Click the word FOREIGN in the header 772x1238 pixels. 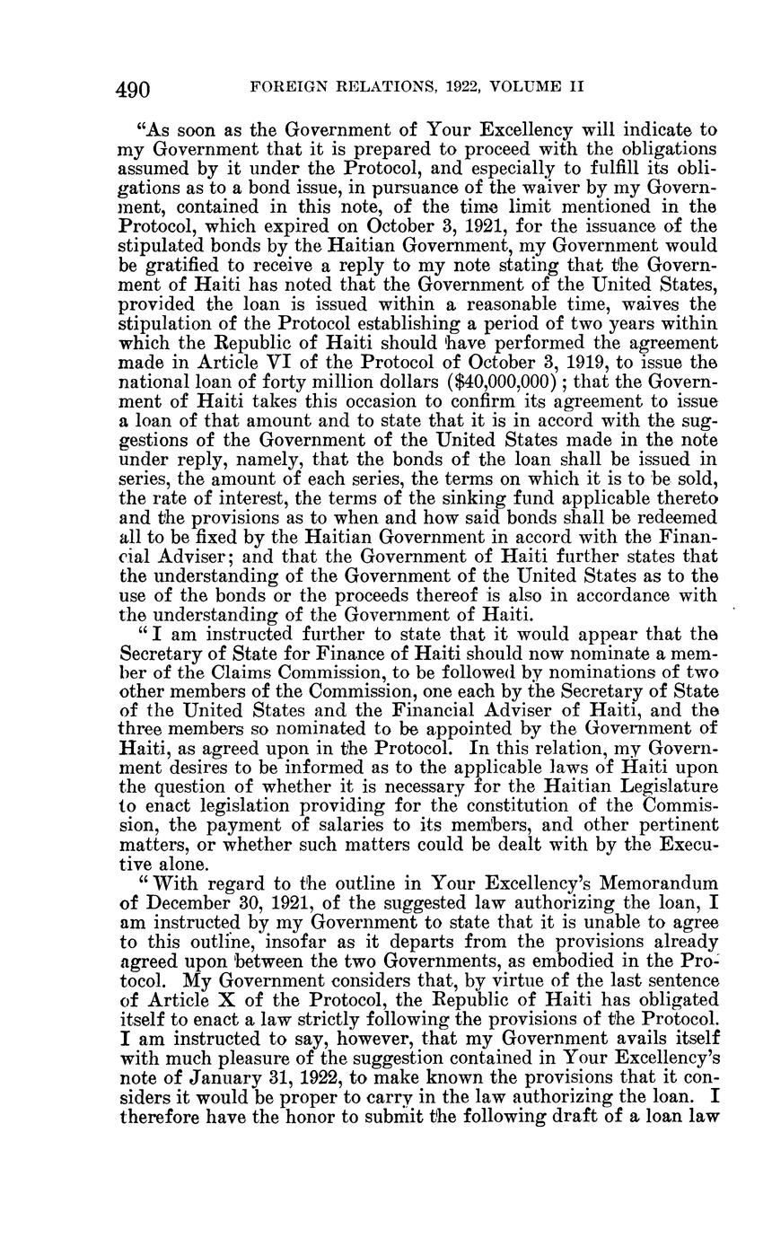[285, 88]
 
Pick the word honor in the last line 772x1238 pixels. [309, 1110]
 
